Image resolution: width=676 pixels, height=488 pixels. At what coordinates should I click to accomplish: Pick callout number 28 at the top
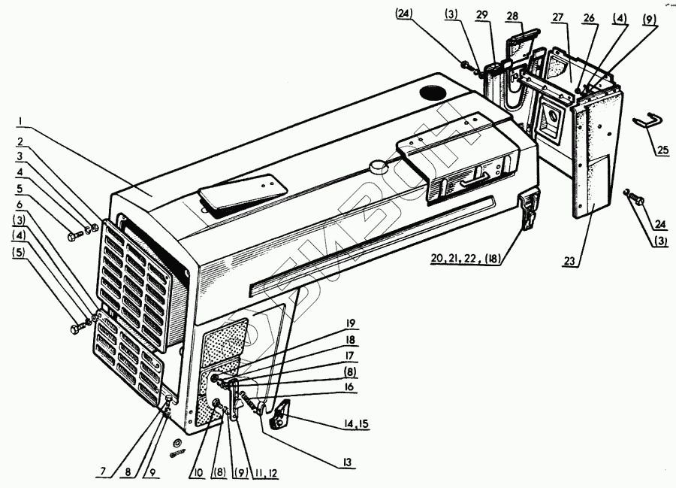533,17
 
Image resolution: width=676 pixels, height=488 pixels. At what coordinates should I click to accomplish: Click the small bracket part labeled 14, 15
279,414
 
